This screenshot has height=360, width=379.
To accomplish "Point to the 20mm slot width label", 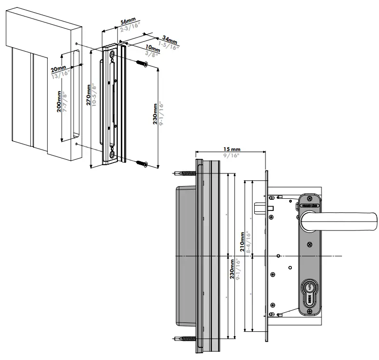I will coord(58,69).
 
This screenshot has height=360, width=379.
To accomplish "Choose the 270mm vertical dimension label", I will coord(88,96).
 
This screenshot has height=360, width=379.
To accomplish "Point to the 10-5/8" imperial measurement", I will coord(95,96).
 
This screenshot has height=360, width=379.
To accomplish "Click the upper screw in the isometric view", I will coord(142,64).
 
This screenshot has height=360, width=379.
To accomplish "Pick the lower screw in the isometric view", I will coord(142,163).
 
